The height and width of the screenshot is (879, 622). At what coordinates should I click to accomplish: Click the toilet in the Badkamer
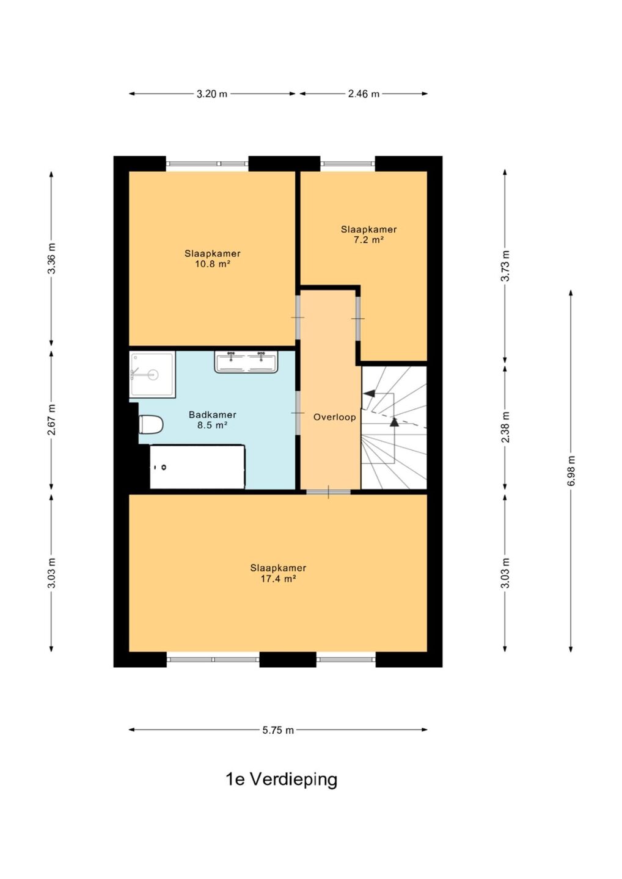click(151, 425)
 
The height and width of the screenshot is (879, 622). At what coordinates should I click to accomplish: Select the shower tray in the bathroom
click(152, 374)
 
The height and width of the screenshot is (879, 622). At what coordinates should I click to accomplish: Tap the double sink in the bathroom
click(246, 361)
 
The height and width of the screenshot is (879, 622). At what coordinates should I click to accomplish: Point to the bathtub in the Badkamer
click(197, 467)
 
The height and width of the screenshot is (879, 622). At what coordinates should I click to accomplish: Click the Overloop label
click(335, 417)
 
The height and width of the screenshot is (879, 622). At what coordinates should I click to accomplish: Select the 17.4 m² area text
click(278, 579)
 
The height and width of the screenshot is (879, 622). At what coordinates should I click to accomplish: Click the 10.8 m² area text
click(213, 264)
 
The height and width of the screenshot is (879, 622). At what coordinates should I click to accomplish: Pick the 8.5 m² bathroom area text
click(213, 425)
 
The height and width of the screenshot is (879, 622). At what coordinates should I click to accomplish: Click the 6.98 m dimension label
click(571, 471)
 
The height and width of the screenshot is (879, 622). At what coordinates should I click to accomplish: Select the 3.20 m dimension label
click(212, 94)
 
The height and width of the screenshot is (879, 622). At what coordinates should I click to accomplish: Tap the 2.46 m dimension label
click(364, 94)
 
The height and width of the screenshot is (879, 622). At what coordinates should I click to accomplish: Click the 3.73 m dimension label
click(506, 266)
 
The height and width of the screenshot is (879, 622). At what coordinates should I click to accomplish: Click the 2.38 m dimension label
click(506, 427)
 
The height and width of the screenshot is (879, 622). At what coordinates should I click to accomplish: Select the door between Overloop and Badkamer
click(298, 413)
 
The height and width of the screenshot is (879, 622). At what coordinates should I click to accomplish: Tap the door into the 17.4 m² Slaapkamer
click(328, 492)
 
